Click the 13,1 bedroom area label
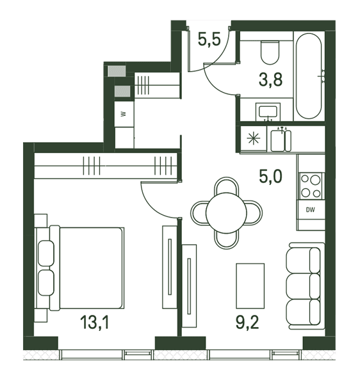tap(94, 322)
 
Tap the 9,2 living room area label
tap(247, 322)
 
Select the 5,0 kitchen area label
tap(270, 177)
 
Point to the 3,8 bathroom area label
tap(270, 79)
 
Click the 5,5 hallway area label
tap(209, 39)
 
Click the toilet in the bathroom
tap(270, 52)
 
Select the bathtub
tap(309, 76)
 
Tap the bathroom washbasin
tap(268, 111)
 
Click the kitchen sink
tap(281, 141)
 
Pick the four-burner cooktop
tap(311, 186)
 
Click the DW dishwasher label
tap(310, 210)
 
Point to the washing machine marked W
tap(124, 114)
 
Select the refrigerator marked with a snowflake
tap(254, 139)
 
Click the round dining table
tap(226, 213)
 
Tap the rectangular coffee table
tap(250, 286)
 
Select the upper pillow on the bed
tap(46, 253)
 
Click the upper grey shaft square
tap(117, 71)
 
